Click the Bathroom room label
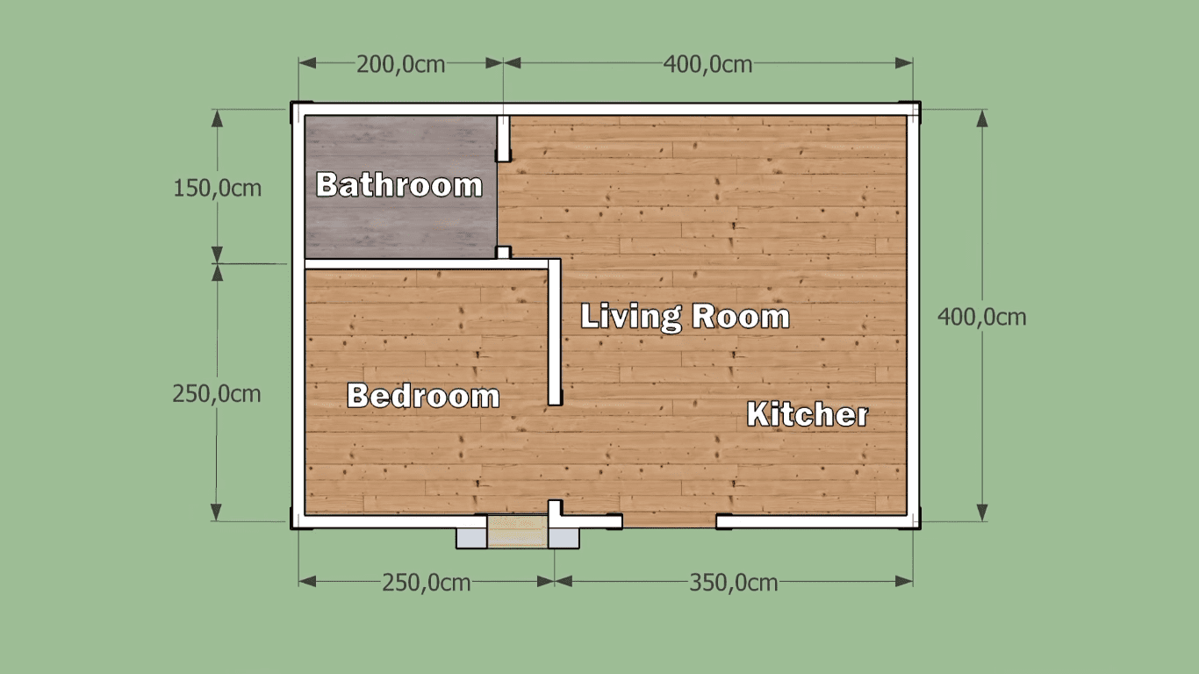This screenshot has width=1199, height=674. (x=399, y=185)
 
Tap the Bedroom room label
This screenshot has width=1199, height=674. (x=423, y=396)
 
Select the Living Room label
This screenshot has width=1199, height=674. (x=685, y=316)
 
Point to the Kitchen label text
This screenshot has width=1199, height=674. (x=808, y=414)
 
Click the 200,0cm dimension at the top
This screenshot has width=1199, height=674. (x=400, y=64)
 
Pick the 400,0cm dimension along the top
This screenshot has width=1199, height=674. (x=707, y=64)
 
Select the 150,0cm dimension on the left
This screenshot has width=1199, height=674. (x=217, y=188)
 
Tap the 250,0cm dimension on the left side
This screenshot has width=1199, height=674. (x=217, y=394)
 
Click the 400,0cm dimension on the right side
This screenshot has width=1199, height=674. (x=981, y=317)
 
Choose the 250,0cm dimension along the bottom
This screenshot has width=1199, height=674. (x=426, y=583)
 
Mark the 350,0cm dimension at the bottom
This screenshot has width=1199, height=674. (x=733, y=583)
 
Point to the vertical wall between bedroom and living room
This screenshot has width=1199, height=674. (x=555, y=333)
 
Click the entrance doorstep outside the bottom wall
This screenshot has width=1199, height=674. (x=518, y=534)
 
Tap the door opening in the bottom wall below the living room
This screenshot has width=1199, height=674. (x=670, y=522)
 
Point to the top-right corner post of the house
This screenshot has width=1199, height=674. (x=914, y=110)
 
